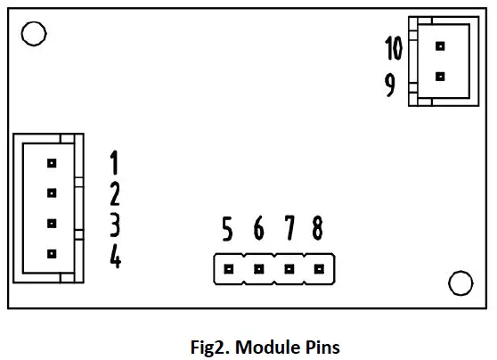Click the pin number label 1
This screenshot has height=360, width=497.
(x=115, y=163)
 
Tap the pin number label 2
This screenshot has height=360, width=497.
(x=115, y=193)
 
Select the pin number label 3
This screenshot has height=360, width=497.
(x=115, y=225)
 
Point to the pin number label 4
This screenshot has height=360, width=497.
(x=115, y=257)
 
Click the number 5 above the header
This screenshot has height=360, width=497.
(x=228, y=231)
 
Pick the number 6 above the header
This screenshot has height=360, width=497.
(x=258, y=231)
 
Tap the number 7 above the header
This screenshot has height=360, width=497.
(x=289, y=231)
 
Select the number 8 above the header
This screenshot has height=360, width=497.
(x=318, y=231)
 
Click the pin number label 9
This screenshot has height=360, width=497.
(x=390, y=86)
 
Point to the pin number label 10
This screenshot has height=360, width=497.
(x=394, y=47)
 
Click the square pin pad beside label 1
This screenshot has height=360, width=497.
(x=52, y=163)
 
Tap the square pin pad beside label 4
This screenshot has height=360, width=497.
(x=52, y=254)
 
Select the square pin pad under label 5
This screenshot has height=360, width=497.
(x=229, y=268)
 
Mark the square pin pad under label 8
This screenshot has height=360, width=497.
(x=319, y=268)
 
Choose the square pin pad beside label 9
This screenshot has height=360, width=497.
(x=439, y=77)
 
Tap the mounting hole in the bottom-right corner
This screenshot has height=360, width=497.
(x=460, y=282)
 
